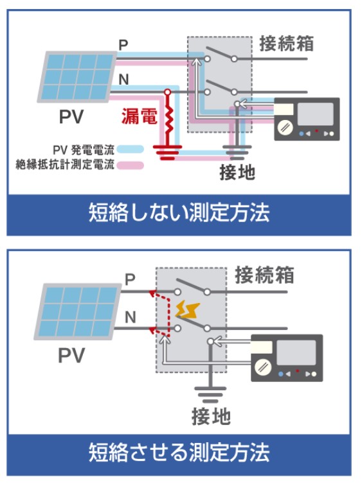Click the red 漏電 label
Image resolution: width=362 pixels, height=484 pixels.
click(x=139, y=116)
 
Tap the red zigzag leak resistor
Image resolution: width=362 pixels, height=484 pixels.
click(x=168, y=119)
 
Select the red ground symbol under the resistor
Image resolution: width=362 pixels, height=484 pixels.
click(x=167, y=153)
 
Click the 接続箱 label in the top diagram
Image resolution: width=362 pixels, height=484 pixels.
click(x=287, y=44)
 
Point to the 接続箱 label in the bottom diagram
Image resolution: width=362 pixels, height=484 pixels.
click(x=264, y=275)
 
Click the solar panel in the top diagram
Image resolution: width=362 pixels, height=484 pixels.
click(x=77, y=76)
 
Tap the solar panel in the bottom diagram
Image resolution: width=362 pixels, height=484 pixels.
click(x=78, y=311)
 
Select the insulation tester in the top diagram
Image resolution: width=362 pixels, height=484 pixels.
click(x=307, y=119)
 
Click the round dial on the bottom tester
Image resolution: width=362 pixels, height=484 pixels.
click(x=264, y=367)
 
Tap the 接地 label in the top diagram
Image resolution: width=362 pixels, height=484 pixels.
click(x=237, y=172)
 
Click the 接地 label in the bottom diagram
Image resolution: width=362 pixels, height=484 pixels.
click(x=211, y=416)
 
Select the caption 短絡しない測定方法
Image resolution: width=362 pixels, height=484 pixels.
click(x=179, y=212)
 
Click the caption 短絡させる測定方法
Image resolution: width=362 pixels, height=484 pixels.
click(x=179, y=452)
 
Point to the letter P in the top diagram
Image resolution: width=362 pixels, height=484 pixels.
click(x=123, y=45)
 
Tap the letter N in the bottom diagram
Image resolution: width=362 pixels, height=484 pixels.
click(x=131, y=317)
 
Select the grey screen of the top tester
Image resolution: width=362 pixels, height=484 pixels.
click(x=315, y=114)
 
